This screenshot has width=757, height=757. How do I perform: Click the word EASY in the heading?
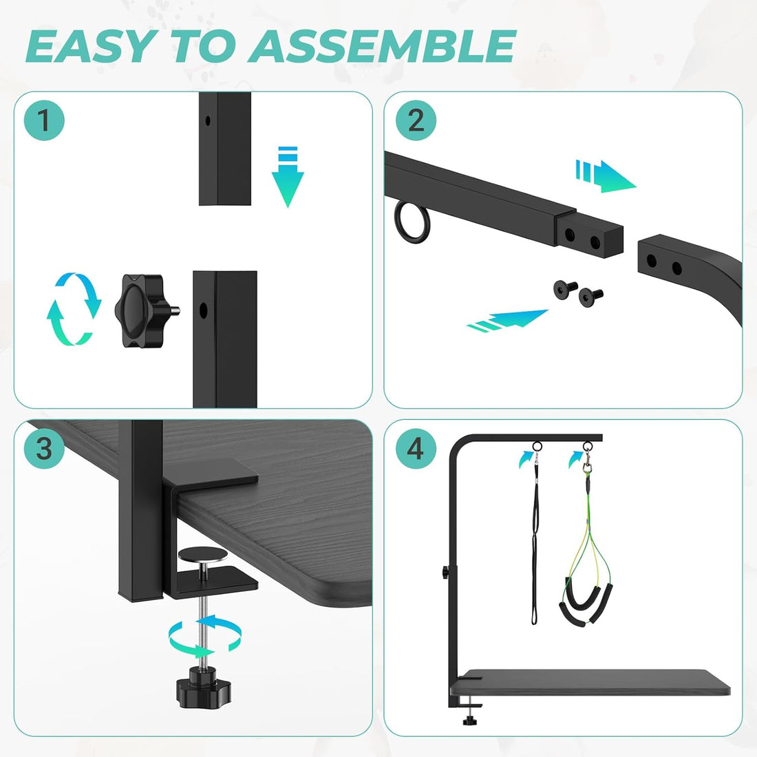[x=92, y=46]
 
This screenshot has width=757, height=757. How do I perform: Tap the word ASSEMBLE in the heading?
[x=382, y=46]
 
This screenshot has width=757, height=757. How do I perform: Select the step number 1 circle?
[x=44, y=120]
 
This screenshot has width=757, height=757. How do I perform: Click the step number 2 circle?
[x=416, y=120]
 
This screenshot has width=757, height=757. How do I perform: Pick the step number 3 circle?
[x=44, y=449]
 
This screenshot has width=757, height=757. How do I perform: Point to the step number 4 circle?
[x=416, y=449]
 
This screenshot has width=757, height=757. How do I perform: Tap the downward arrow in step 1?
[x=288, y=177]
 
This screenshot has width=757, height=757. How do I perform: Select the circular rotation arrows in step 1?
[x=74, y=309]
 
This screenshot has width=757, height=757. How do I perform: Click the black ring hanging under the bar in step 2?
[x=412, y=222]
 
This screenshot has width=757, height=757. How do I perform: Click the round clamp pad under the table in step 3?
[x=203, y=555]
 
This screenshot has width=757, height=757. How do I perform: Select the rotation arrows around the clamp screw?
[x=205, y=636]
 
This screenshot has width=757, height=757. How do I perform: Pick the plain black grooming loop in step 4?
[x=535, y=536]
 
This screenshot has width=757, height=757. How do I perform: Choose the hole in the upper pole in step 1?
[x=208, y=120]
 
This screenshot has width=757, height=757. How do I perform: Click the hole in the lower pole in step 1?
[x=203, y=310]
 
